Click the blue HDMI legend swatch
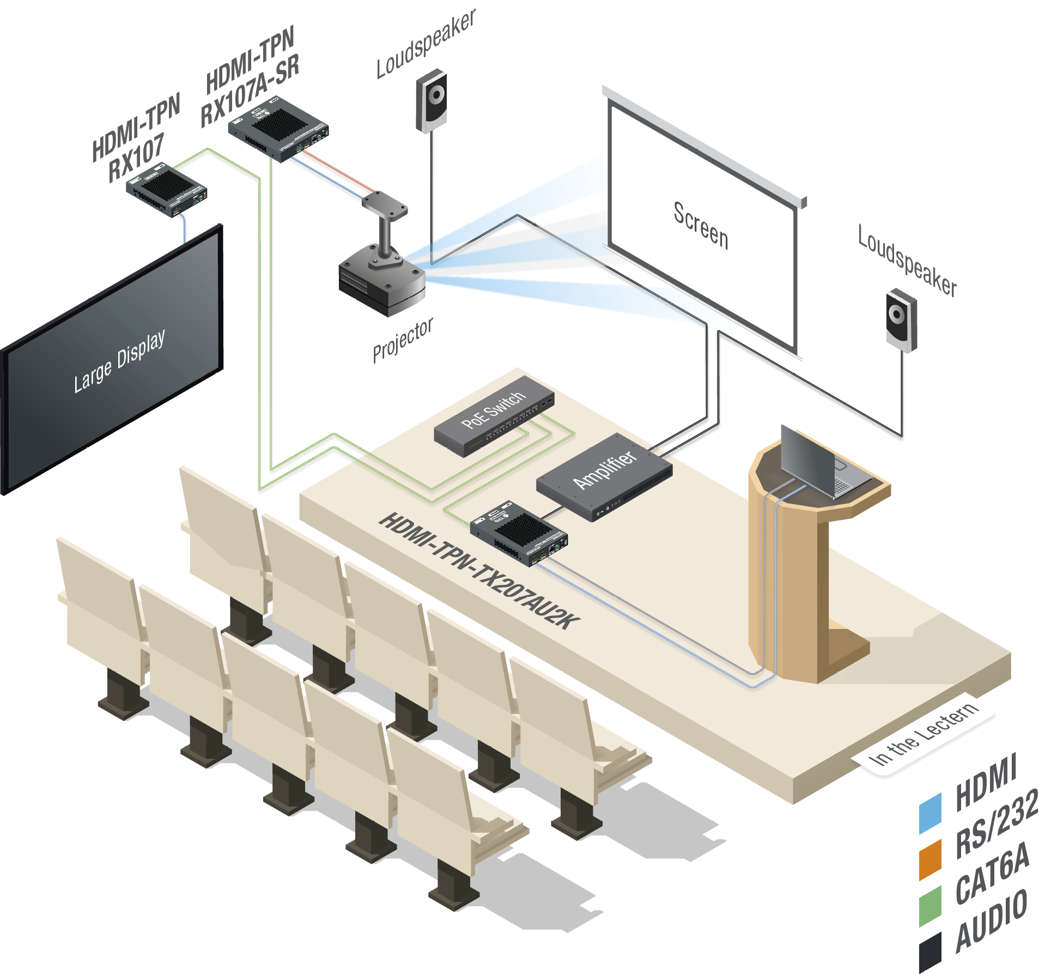pyautogui.click(x=930, y=814)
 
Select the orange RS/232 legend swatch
pyautogui.click(x=930, y=860)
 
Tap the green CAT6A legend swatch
pyautogui.click(x=930, y=906)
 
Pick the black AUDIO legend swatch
pyautogui.click(x=930, y=953)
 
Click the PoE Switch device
pyautogui.click(x=494, y=416)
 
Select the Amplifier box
pyautogui.click(x=604, y=477)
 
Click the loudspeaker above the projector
pyautogui.click(x=432, y=100)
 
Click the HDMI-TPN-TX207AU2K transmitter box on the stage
pyautogui.click(x=519, y=534)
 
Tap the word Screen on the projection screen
pyautogui.click(x=701, y=226)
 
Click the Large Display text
pyautogui.click(x=119, y=361)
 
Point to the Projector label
pyautogui.click(x=403, y=340)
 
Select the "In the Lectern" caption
pyautogui.click(x=923, y=733)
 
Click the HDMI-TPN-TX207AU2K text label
pyautogui.click(x=479, y=571)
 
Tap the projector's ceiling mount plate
pyautogui.click(x=385, y=205)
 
